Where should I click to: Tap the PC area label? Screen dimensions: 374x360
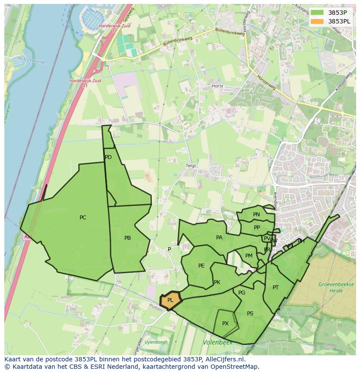[83, 218]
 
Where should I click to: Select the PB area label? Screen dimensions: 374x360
[127, 238]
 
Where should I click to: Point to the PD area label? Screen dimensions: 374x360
[108, 157]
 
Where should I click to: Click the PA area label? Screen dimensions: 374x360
[219, 238]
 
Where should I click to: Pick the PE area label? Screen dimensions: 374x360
[201, 266]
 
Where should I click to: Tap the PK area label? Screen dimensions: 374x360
[217, 282]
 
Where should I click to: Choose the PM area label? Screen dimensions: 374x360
[249, 256]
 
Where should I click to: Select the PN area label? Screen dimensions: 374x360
[257, 215]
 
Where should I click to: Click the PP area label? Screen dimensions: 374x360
[257, 228]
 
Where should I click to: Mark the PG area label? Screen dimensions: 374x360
[242, 293]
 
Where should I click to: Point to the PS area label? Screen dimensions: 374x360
[250, 314]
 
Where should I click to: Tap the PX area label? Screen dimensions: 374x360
[225, 324]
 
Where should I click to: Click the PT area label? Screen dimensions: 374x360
[276, 288]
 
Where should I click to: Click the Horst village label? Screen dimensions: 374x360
[217, 86]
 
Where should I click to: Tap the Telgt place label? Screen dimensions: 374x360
[191, 166]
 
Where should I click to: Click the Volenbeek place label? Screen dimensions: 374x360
[217, 343]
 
